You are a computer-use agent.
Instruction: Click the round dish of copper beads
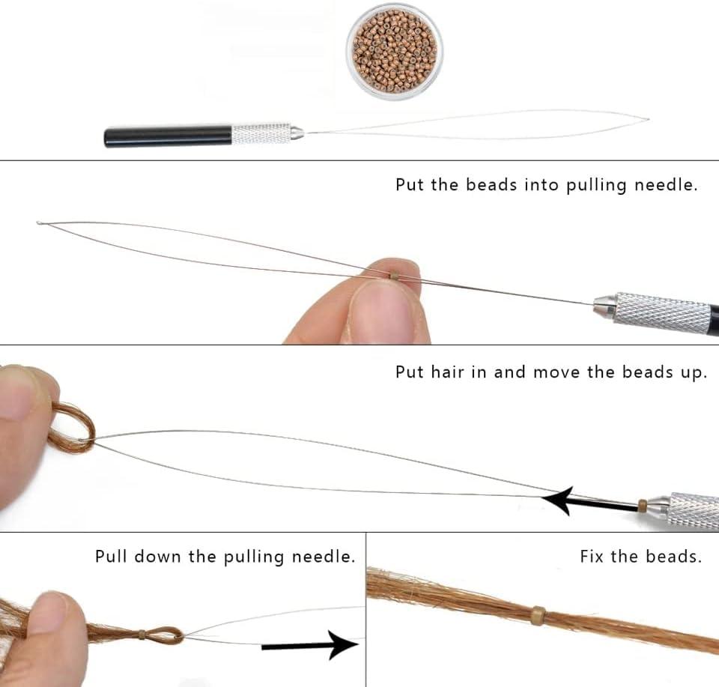395,52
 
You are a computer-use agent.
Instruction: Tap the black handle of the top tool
169,136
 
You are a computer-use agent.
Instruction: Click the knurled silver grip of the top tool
261,133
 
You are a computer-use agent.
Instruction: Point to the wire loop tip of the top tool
647,119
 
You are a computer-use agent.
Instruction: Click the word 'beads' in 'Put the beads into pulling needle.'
491,185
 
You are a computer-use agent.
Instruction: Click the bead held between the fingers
393,276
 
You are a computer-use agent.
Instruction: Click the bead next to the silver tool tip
643,506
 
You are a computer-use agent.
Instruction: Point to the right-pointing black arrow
310,645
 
